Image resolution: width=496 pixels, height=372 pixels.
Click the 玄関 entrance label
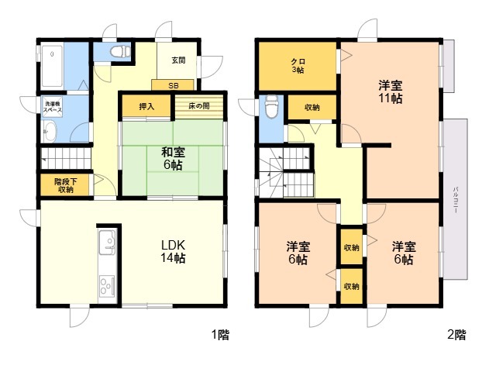(x=178, y=60)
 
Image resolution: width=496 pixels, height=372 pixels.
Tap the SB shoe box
(x=173, y=85)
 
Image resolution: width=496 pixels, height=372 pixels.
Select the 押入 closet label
(x=146, y=107)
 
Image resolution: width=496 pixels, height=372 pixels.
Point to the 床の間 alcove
(x=199, y=106)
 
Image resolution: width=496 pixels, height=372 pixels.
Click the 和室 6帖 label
(x=173, y=159)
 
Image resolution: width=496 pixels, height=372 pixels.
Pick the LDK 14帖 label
(x=173, y=251)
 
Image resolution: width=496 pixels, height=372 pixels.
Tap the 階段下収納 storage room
(x=65, y=185)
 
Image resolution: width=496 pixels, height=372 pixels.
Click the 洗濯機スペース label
(x=53, y=107)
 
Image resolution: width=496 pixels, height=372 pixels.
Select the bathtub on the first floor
(x=52, y=66)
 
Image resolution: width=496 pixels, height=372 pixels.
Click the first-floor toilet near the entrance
(x=120, y=51)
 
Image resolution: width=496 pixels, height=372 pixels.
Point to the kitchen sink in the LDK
(x=108, y=242)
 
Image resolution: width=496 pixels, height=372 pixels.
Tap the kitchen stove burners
(x=107, y=286)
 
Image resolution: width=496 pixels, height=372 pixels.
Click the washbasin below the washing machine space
(x=50, y=132)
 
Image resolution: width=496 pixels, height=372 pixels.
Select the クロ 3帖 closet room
(x=298, y=66)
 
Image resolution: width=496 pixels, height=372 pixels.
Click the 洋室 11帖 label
(x=391, y=92)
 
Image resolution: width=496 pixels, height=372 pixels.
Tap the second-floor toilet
(x=271, y=107)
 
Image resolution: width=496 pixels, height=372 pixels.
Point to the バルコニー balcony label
(x=456, y=200)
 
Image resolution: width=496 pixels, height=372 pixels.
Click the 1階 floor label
(x=220, y=335)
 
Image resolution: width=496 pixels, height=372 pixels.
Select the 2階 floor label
(x=456, y=335)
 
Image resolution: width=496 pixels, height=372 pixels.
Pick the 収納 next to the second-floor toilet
(x=312, y=108)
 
